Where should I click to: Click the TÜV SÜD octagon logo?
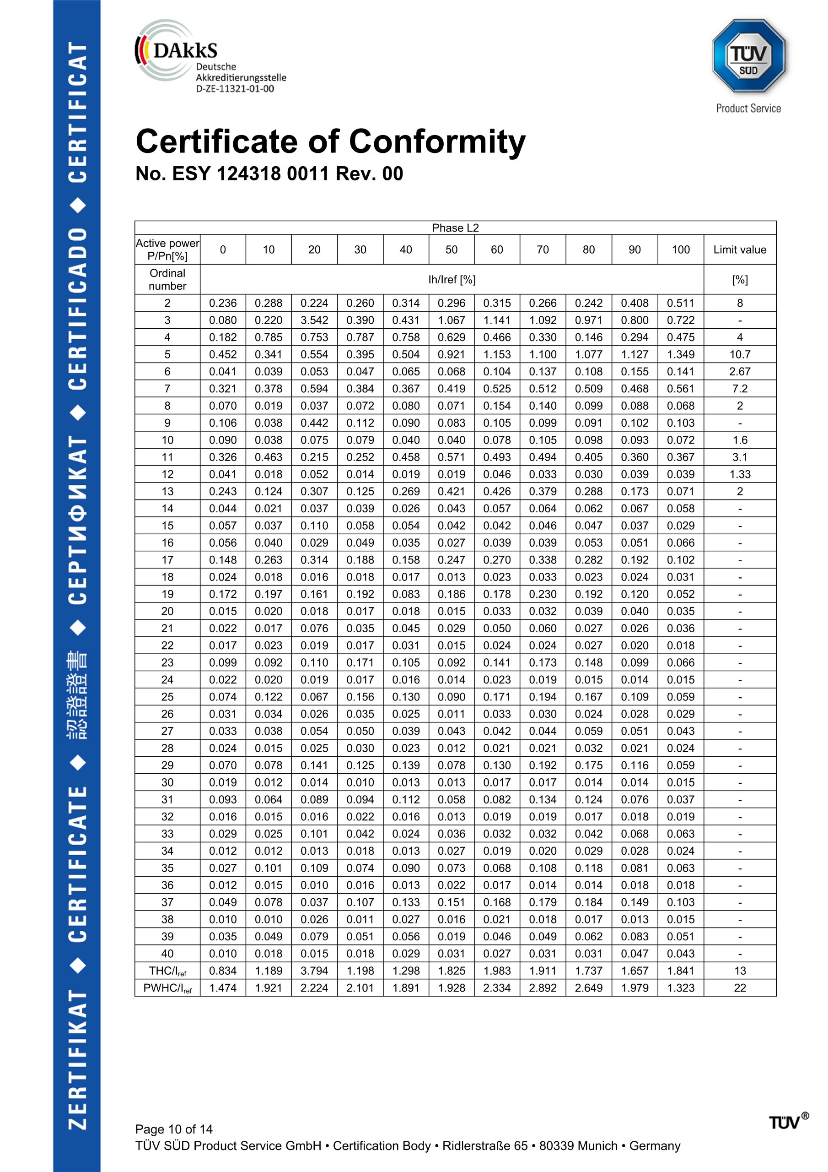pyautogui.click(x=748, y=56)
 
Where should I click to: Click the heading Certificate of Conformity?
pyautogui.click(x=330, y=141)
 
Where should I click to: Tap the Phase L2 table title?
pyautogui.click(x=455, y=228)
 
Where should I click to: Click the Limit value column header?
pyautogui.click(x=739, y=250)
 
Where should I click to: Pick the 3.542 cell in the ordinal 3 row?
pyautogui.click(x=314, y=320)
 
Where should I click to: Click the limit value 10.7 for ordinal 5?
pyautogui.click(x=739, y=354)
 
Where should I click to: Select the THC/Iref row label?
pyautogui.click(x=167, y=971)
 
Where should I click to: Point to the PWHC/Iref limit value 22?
pyautogui.click(x=739, y=988)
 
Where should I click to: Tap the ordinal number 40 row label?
pyautogui.click(x=167, y=954)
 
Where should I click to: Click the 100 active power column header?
pyautogui.click(x=681, y=250)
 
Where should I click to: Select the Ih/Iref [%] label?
pyautogui.click(x=452, y=280)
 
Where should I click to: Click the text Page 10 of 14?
pyautogui.click(x=173, y=1129)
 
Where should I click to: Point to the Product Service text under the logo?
pyautogui.click(x=748, y=108)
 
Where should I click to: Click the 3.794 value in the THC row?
pyautogui.click(x=314, y=971)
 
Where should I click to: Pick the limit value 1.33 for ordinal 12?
pyautogui.click(x=739, y=474)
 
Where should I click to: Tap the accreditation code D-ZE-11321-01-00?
pyautogui.click(x=235, y=89)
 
